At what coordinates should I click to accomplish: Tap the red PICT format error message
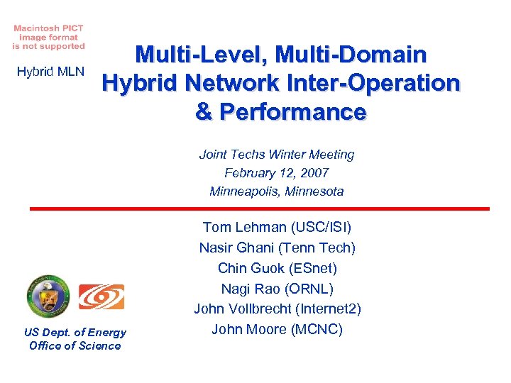(48, 37)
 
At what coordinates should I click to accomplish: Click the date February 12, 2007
(277, 172)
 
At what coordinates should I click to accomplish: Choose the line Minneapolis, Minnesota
(277, 191)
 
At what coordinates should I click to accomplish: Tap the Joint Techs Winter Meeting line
(277, 155)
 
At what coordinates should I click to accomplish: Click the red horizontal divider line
(259, 209)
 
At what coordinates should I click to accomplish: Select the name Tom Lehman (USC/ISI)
(277, 227)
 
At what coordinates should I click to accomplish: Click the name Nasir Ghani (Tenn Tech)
(277, 248)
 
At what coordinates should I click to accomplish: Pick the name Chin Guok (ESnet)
(277, 268)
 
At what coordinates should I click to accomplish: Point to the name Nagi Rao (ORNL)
(277, 289)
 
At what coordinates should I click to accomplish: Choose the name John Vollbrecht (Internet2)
(277, 309)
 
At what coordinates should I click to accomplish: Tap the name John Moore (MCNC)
(277, 329)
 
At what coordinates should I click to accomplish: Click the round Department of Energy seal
(49, 296)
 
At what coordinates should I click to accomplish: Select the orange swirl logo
(101, 296)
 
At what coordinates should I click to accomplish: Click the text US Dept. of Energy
(75, 332)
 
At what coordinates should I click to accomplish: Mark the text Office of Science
(75, 345)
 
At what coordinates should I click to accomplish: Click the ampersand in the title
(204, 112)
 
